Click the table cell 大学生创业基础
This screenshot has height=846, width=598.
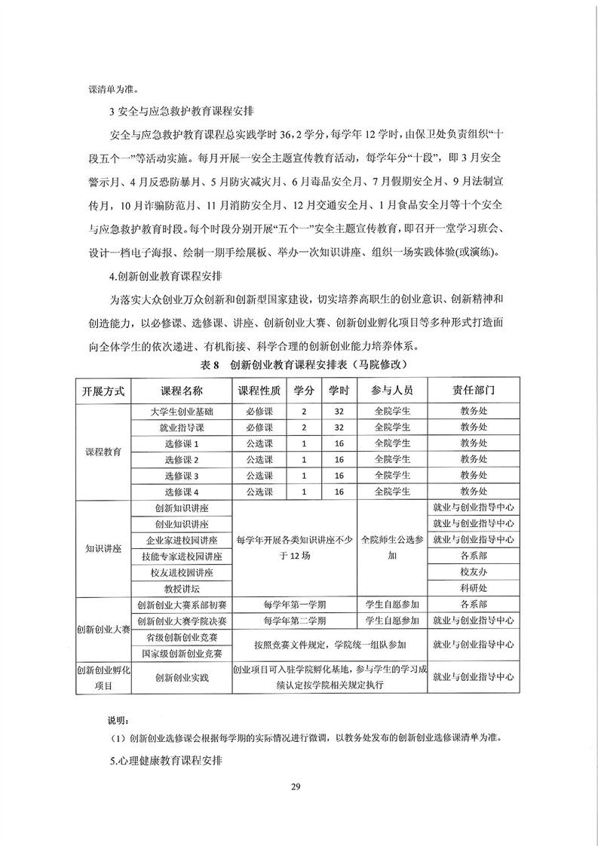point(182,412)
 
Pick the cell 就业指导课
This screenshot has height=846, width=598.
point(182,428)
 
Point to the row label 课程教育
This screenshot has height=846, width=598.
point(103,452)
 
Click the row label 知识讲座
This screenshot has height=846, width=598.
point(103,548)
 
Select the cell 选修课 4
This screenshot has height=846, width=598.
point(182,492)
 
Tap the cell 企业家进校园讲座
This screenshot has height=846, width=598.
point(182,540)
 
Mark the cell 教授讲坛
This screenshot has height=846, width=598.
point(182,588)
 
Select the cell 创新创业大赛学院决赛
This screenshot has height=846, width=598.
point(182,621)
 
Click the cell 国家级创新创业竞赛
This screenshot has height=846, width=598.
point(182,653)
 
